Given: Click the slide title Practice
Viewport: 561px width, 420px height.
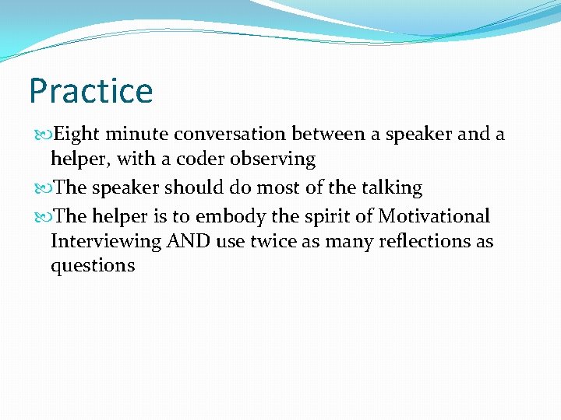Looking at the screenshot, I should [x=91, y=91].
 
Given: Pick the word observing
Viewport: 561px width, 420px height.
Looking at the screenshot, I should [x=277, y=160].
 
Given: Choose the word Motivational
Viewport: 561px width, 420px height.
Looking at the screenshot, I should [x=435, y=215].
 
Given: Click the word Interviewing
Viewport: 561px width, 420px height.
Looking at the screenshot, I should [x=105, y=242].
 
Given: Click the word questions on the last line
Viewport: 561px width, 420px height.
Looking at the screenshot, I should [x=93, y=266].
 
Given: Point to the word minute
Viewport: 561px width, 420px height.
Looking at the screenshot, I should [x=137, y=135].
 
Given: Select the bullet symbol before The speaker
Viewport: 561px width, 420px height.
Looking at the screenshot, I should [x=41, y=188].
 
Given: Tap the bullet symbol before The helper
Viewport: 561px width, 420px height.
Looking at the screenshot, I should [x=41, y=216].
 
